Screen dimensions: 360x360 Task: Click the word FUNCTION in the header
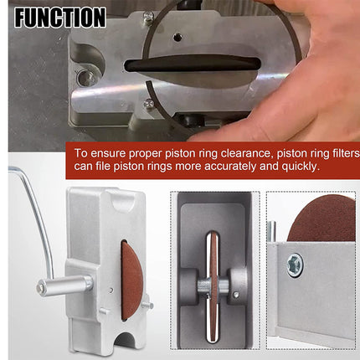pyautogui.click(x=59, y=16)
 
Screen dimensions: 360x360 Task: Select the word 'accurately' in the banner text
pyautogui.click(x=209, y=167)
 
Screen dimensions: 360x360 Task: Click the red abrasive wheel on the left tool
pyautogui.click(x=131, y=280)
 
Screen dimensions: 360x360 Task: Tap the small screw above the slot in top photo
pyautogui.click(x=177, y=37)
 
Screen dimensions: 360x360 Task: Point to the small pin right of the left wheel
pyautogui.click(x=148, y=305)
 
